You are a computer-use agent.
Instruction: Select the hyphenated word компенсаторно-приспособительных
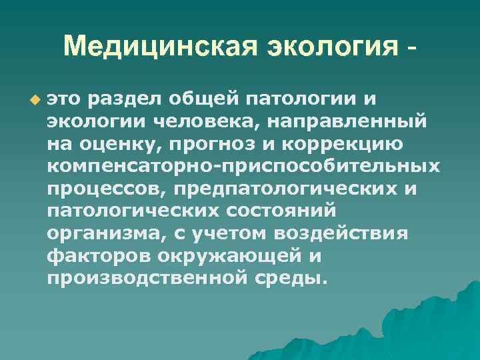[243, 166]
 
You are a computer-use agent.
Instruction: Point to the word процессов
[106, 188]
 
